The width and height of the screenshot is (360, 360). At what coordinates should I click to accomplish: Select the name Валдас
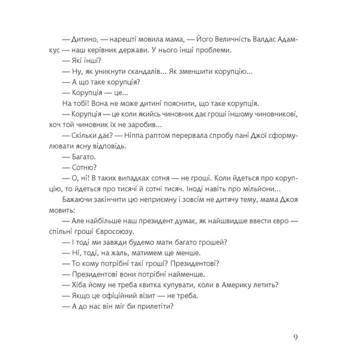pos(261,39)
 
